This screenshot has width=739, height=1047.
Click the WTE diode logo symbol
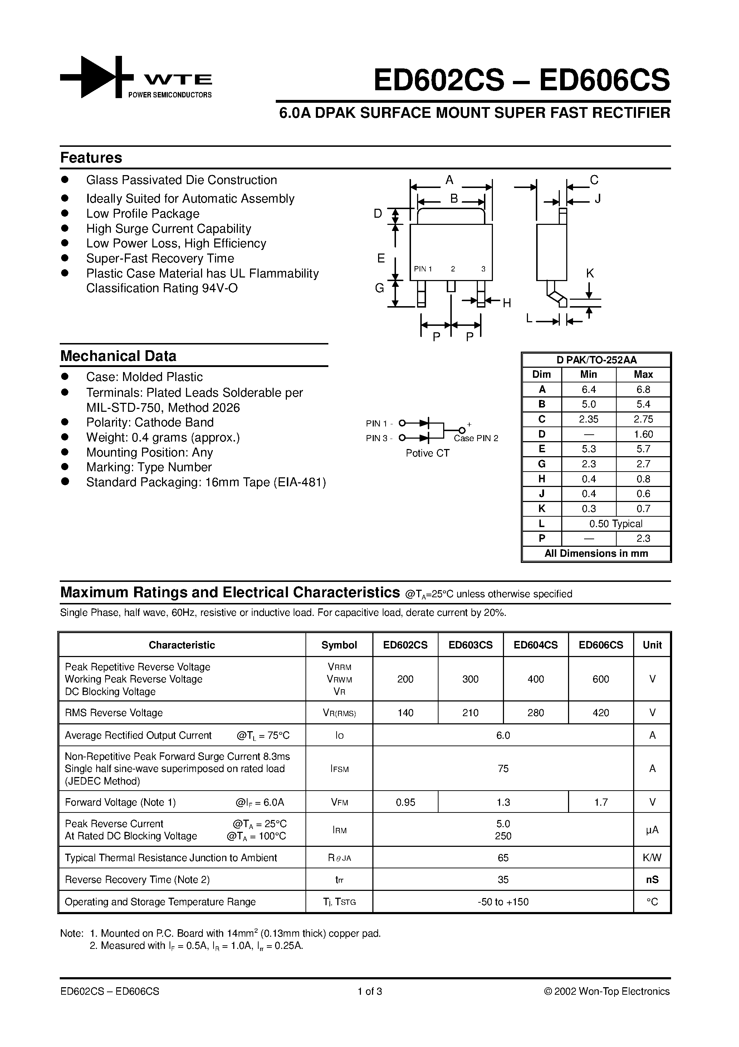click(97, 77)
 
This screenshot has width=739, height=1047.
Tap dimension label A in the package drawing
click(449, 180)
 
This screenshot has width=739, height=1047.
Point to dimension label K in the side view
click(589, 274)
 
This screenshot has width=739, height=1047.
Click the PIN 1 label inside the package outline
click(423, 269)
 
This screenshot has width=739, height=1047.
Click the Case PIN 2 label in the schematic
click(476, 438)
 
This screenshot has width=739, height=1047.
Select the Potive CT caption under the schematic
click(427, 453)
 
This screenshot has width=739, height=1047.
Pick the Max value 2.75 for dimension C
click(643, 419)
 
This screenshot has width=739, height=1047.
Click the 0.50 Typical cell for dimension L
click(616, 523)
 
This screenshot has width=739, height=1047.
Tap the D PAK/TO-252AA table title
click(596, 360)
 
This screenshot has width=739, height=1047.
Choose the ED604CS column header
click(535, 645)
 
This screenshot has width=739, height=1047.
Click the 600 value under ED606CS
click(601, 679)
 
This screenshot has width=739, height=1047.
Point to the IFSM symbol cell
click(339, 769)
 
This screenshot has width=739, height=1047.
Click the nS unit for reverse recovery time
click(652, 880)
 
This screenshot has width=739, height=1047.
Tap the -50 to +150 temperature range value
click(503, 902)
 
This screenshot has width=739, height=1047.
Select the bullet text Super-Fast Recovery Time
click(160, 259)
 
